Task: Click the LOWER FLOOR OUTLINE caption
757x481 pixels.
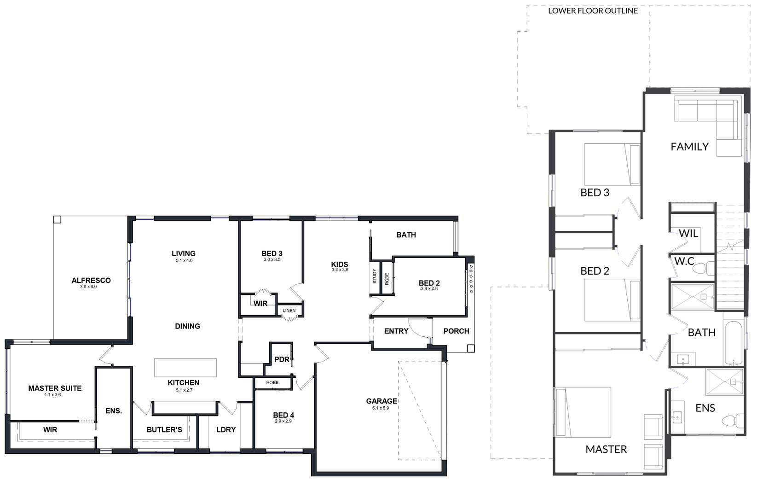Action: (x=593, y=11)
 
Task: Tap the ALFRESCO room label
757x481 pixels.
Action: (x=91, y=281)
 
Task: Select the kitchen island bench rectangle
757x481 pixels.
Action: (x=185, y=368)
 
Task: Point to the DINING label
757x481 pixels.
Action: (x=188, y=326)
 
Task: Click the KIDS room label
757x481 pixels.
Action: (x=340, y=264)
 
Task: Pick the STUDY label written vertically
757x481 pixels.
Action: (x=375, y=276)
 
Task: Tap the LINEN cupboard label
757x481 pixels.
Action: (x=289, y=311)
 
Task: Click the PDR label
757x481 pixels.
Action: (x=282, y=359)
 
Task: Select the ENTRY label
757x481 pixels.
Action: (x=396, y=331)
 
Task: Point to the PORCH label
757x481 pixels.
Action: (x=456, y=331)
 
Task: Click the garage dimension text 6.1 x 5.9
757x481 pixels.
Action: (x=381, y=408)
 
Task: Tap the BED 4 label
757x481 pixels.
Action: (x=283, y=415)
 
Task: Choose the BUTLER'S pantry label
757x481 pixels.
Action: (x=164, y=430)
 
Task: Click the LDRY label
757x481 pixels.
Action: (x=226, y=430)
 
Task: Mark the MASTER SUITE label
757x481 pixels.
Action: (x=55, y=388)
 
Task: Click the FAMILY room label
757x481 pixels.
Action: (x=689, y=147)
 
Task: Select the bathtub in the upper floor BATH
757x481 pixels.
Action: (x=733, y=342)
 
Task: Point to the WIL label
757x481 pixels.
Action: (x=688, y=234)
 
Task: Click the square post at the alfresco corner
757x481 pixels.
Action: (x=57, y=219)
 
